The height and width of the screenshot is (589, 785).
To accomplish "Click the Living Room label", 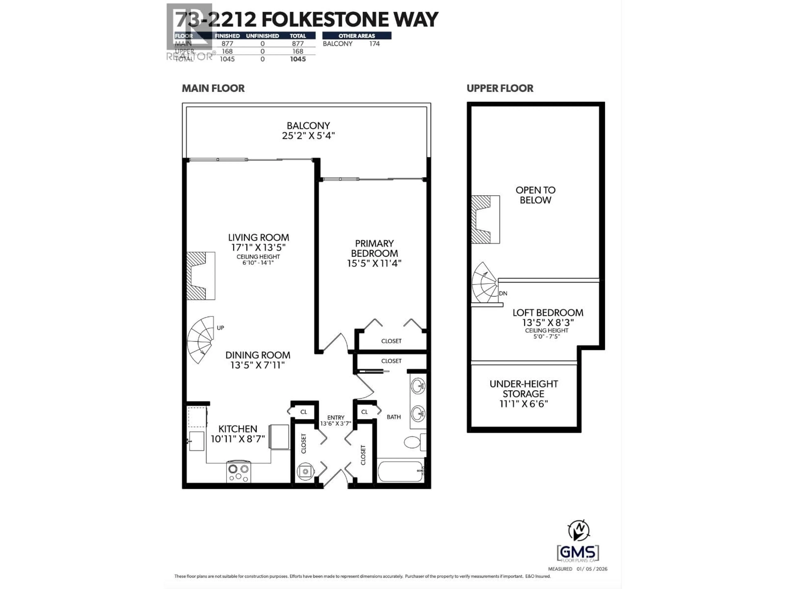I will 258,237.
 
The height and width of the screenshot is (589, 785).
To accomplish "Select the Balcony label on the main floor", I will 308,126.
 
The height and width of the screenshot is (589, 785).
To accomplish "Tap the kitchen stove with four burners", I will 239,472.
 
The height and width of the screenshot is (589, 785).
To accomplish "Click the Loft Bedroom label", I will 548,313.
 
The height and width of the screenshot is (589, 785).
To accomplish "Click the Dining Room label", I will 258,355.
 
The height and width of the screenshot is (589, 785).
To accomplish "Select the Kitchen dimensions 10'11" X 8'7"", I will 238,439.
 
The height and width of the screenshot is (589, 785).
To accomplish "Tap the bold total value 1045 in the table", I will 297,59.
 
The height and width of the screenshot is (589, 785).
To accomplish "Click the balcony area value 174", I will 374,44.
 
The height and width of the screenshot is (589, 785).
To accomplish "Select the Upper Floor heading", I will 500,88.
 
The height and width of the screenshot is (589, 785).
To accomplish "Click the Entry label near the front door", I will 336,418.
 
